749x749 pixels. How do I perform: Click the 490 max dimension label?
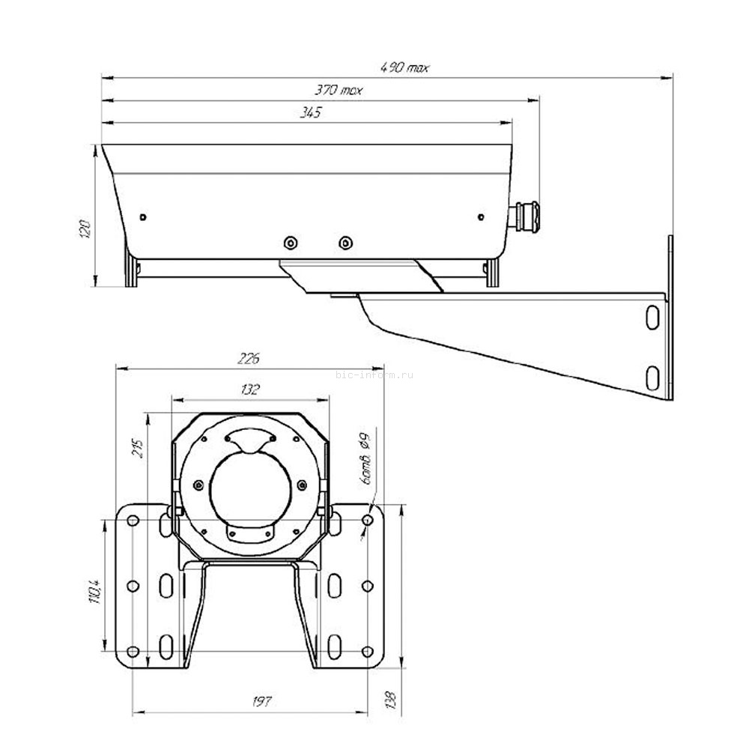pyautogui.click(x=404, y=67)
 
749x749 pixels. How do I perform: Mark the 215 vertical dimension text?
pyautogui.click(x=138, y=449)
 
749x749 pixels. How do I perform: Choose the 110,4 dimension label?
pyautogui.click(x=94, y=589)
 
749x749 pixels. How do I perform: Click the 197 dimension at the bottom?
pyautogui.click(x=261, y=702)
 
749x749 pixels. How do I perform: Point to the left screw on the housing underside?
pyautogui.click(x=290, y=243)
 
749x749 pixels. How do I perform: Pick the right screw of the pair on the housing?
pyautogui.click(x=345, y=243)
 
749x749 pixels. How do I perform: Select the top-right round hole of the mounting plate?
pyautogui.click(x=367, y=520)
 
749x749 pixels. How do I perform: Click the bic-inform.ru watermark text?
pyautogui.click(x=374, y=375)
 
